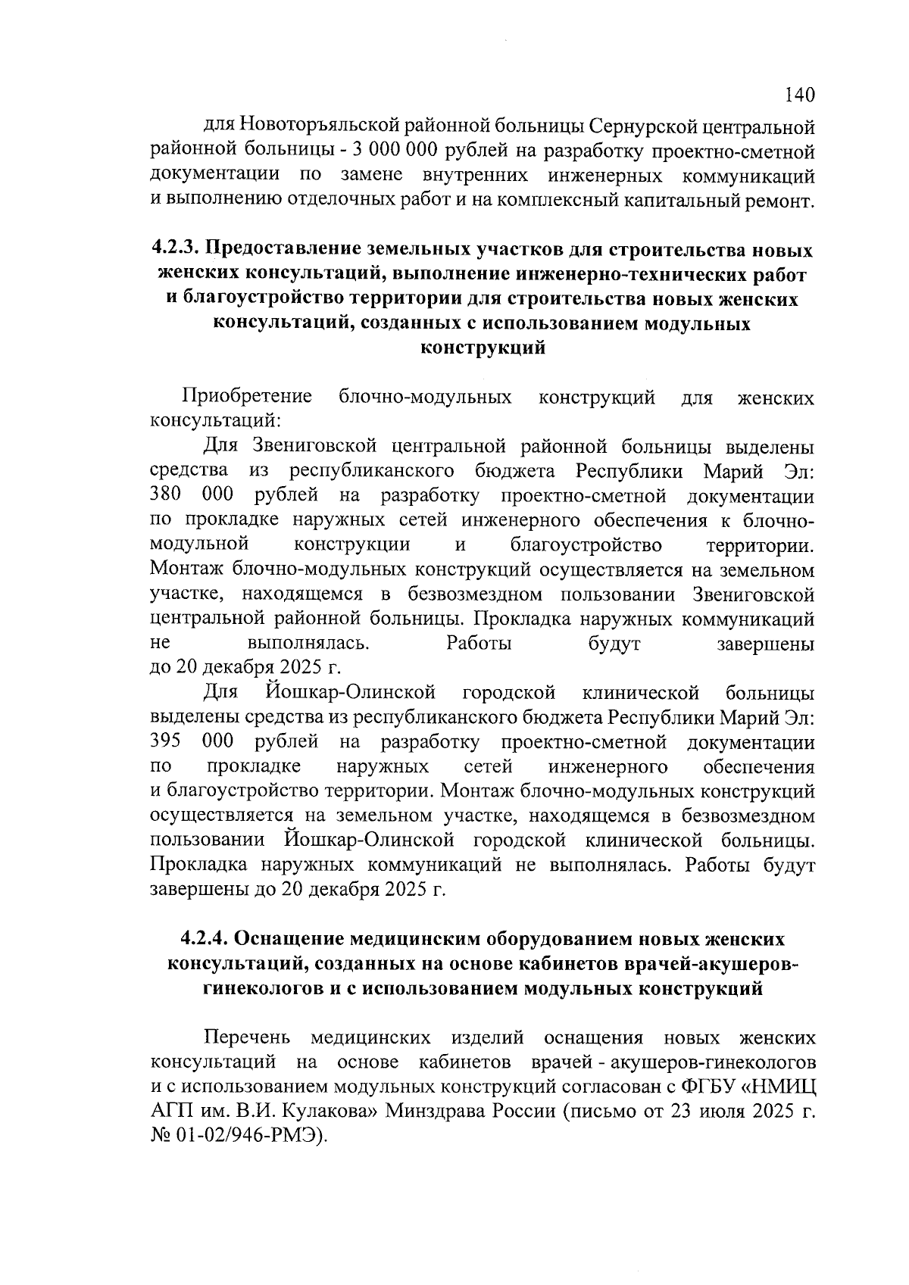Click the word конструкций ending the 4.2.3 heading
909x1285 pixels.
(483, 349)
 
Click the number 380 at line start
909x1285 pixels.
(166, 496)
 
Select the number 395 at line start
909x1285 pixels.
(166, 741)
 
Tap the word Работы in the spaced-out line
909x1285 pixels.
(479, 644)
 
